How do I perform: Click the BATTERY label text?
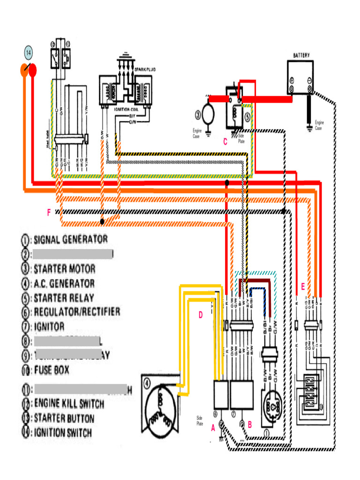tap(301, 55)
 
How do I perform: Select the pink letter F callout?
tap(48, 213)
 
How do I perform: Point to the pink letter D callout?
tap(200, 315)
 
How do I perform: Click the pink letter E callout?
tap(303, 287)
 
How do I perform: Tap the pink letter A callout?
tap(213, 427)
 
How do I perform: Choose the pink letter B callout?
tap(250, 425)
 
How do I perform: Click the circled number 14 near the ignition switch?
tap(29, 52)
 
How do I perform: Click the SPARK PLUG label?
tap(145, 69)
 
